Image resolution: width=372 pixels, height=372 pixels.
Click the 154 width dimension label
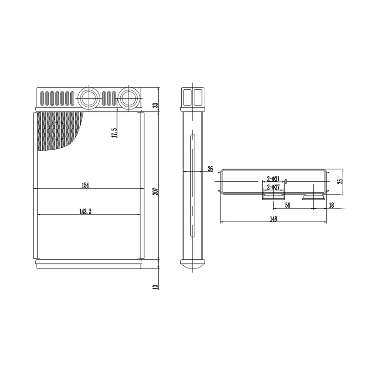(85, 185)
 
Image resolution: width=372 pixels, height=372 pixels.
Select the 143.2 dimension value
(85, 212)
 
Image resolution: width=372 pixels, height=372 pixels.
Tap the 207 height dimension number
(156, 191)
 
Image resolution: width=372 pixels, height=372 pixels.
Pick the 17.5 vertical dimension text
(114, 133)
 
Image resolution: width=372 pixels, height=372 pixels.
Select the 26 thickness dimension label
(210, 169)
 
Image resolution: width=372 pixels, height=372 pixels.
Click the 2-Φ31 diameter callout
(273, 179)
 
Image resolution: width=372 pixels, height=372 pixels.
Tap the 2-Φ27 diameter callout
(273, 187)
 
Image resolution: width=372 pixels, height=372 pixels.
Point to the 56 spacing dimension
(288, 205)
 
